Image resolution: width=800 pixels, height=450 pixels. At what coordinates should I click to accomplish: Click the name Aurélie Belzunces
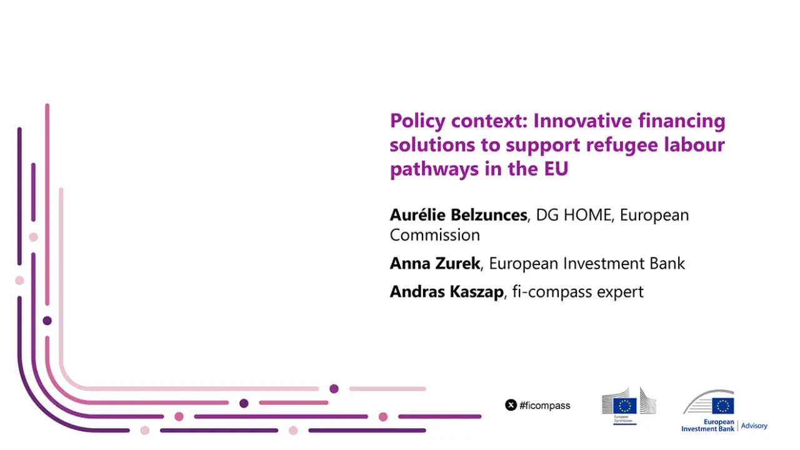pos(458,215)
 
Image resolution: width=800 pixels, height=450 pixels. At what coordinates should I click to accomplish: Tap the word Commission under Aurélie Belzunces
pos(434,235)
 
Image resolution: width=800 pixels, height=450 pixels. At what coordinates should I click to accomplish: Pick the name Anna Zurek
pos(434,263)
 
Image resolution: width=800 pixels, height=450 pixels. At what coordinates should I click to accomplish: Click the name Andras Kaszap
pos(446,292)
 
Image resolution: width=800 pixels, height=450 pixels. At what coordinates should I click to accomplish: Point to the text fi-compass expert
pos(577,292)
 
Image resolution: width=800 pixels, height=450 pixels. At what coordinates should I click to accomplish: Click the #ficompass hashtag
pos(544,406)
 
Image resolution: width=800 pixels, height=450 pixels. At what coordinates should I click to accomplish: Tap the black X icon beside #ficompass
pos(511,405)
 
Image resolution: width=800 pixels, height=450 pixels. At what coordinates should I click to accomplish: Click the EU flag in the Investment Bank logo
pos(723,406)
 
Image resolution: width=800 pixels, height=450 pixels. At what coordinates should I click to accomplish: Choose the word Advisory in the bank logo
pos(754,426)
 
